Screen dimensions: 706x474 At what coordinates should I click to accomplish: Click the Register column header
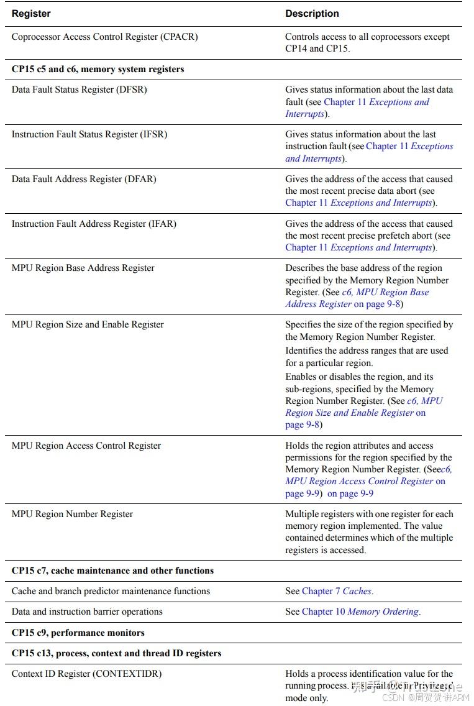tap(31, 14)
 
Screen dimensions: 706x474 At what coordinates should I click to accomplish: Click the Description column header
tap(312, 14)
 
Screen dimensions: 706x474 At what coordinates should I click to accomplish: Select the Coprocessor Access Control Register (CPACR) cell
tap(104, 37)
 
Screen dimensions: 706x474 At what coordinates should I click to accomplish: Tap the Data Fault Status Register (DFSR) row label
tap(79, 89)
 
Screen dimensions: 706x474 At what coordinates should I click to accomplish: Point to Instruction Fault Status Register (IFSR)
tap(89, 134)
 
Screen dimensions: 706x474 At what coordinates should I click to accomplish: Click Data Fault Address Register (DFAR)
tap(84, 179)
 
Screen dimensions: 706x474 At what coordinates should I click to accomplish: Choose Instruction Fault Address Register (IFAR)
tap(94, 224)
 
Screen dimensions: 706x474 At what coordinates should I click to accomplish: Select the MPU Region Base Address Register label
tap(83, 268)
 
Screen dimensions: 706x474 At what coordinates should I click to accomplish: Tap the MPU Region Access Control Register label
tap(86, 446)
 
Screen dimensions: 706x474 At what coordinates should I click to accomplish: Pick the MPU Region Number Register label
tap(72, 514)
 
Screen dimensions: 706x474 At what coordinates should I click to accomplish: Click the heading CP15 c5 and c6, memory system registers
tap(98, 69)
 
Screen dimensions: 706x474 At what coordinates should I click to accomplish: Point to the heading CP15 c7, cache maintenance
tap(112, 571)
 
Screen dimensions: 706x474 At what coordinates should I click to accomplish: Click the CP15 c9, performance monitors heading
tap(78, 633)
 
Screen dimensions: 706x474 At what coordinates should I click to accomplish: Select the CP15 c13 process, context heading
tap(116, 653)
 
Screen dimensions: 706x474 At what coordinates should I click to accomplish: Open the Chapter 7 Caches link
tap(337, 591)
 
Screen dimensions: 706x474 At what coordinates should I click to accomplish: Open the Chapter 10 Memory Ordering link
tap(360, 612)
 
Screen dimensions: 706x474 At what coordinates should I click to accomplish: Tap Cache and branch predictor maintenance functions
tap(111, 591)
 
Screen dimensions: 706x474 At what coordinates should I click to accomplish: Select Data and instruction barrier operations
tap(87, 612)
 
